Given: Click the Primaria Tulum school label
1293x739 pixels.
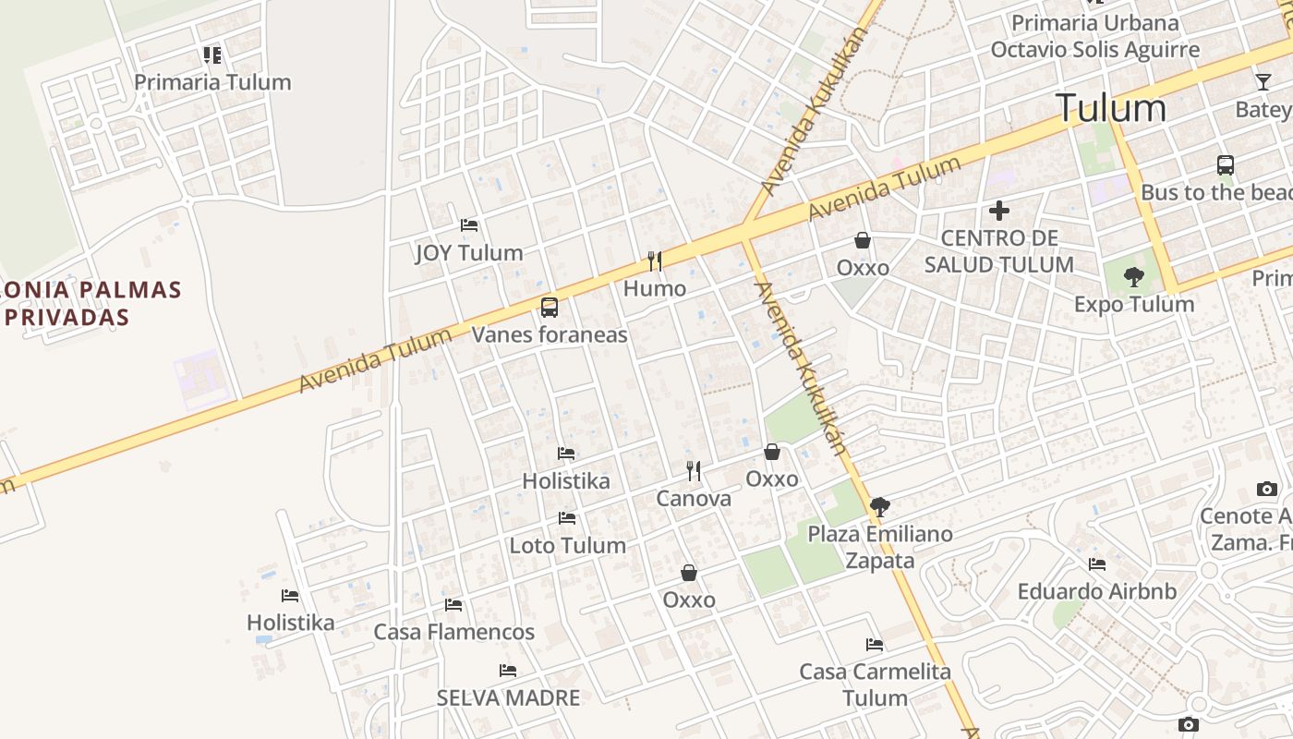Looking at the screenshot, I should click(x=212, y=82).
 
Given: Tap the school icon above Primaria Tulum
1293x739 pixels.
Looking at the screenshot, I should click(x=212, y=55).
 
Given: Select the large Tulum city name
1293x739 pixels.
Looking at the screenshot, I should click(x=1111, y=108).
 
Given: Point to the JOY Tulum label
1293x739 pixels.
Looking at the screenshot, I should click(x=469, y=252).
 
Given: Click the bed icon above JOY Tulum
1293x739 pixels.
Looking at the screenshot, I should click(x=469, y=224).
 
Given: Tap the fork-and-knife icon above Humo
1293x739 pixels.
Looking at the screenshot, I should click(x=655, y=261).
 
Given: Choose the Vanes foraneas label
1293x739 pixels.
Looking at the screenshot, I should click(x=550, y=334).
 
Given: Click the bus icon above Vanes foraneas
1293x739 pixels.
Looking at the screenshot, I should click(x=550, y=307).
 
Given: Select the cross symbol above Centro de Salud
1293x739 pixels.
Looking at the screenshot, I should click(x=998, y=211).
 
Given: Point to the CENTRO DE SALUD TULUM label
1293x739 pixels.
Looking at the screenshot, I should click(x=998, y=251).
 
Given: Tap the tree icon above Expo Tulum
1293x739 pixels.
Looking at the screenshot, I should click(x=1133, y=276).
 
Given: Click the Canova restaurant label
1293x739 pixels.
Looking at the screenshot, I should click(x=694, y=499).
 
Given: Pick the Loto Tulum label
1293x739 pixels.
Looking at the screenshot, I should click(x=567, y=545).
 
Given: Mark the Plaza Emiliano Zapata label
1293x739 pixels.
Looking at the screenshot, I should click(x=880, y=547).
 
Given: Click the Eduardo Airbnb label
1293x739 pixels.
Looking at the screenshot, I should click(x=1097, y=591).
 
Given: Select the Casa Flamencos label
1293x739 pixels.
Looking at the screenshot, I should click(x=453, y=632).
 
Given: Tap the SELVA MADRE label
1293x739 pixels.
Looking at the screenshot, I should click(x=508, y=697).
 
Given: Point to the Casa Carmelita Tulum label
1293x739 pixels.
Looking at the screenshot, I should click(x=876, y=684).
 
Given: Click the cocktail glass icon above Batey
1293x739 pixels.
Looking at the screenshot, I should click(x=1263, y=82).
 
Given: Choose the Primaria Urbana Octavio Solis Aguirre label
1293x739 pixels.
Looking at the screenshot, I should click(x=1095, y=36).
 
